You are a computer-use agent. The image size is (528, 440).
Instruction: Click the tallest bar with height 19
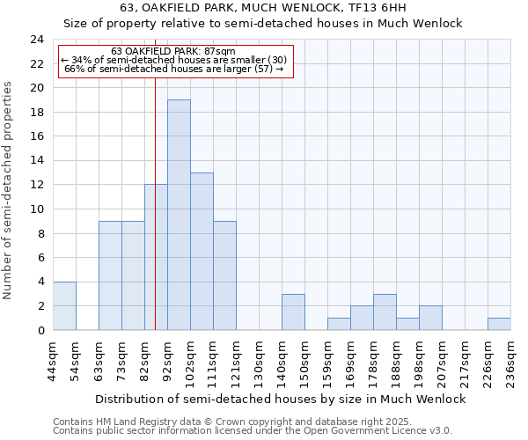coord(179,215)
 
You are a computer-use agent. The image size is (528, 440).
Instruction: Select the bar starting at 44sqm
coord(64,305)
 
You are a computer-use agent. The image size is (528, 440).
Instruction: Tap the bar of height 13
coord(202,251)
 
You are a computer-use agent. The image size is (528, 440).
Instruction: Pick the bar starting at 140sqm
coord(293,312)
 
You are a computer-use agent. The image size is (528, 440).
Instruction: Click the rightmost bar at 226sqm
coord(499,324)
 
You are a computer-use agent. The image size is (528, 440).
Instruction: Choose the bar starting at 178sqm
coord(385,312)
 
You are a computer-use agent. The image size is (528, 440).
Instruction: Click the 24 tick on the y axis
coord(37,40)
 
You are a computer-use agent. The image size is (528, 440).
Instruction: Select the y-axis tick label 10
coord(37,209)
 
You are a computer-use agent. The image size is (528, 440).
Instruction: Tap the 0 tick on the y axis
coord(40,331)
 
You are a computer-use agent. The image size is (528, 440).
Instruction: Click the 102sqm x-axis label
coord(191,360)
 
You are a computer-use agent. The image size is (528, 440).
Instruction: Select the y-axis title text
coord(9,190)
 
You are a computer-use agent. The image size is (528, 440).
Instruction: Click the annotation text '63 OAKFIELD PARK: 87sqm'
coord(173,51)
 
